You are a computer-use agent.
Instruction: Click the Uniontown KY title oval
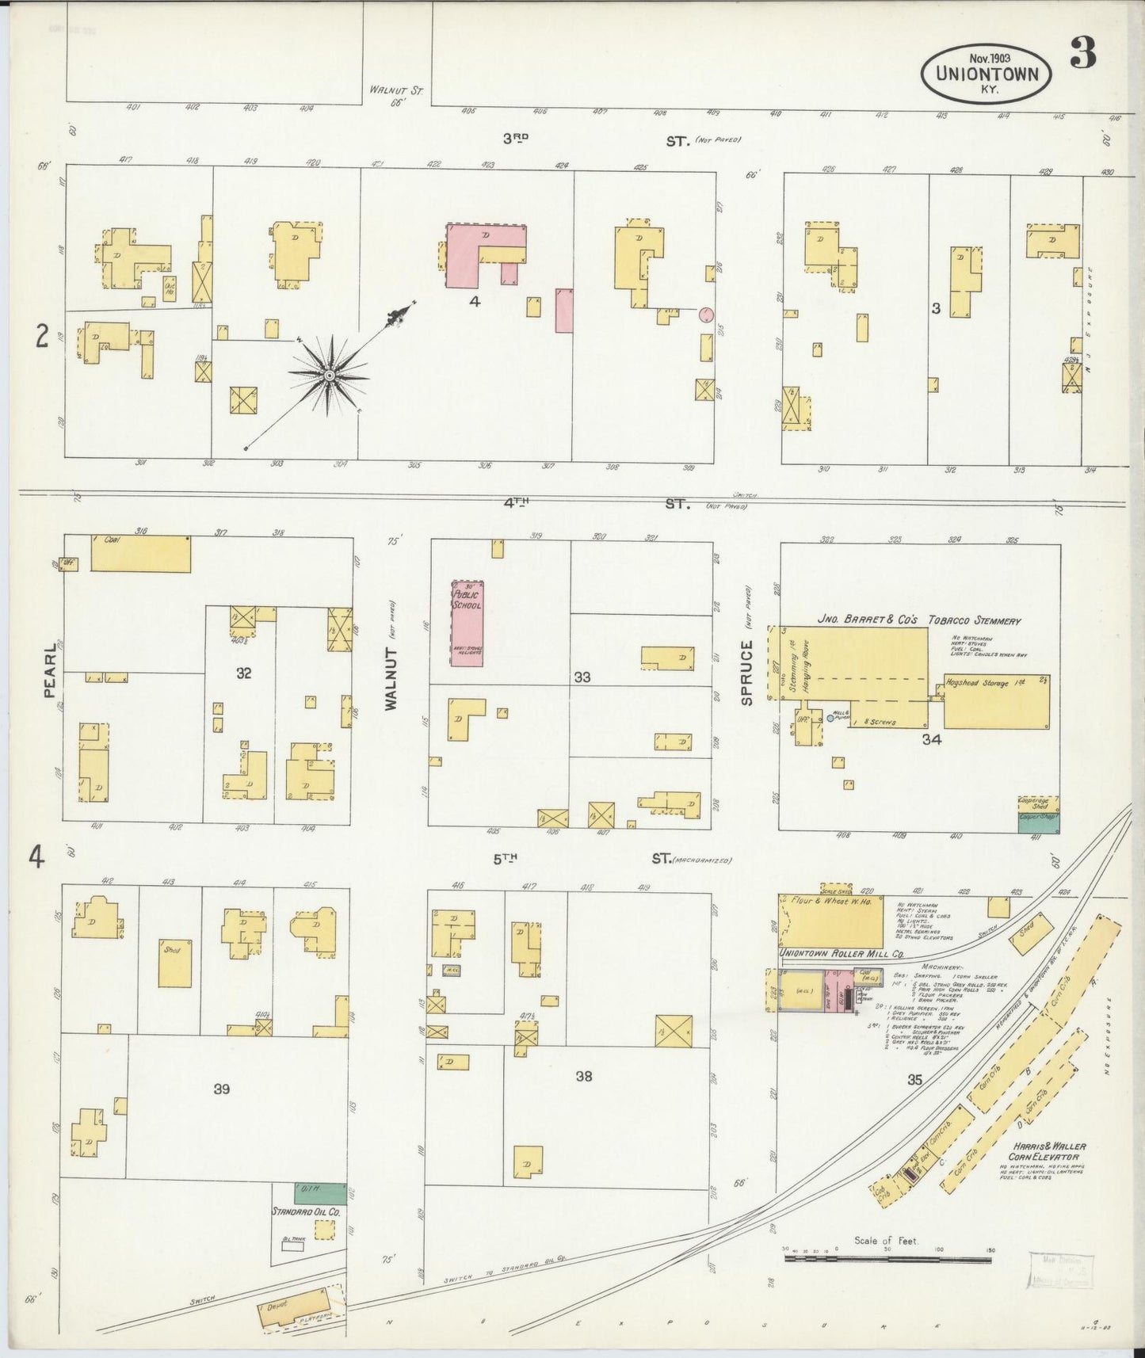pyautogui.click(x=986, y=73)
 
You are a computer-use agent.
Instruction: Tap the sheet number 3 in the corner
pyautogui.click(x=1082, y=54)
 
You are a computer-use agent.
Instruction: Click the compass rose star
pyautogui.click(x=328, y=375)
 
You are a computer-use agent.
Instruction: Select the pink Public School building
pyautogui.click(x=467, y=623)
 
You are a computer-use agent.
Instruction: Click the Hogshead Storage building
pyautogui.click(x=996, y=702)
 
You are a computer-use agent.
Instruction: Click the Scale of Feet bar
pyautogui.click(x=887, y=1258)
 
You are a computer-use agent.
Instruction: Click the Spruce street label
pyautogui.click(x=746, y=673)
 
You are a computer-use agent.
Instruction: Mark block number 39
pyautogui.click(x=222, y=1089)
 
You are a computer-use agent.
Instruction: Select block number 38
pyautogui.click(x=584, y=1076)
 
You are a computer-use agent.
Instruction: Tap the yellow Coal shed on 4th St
pyautogui.click(x=140, y=553)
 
